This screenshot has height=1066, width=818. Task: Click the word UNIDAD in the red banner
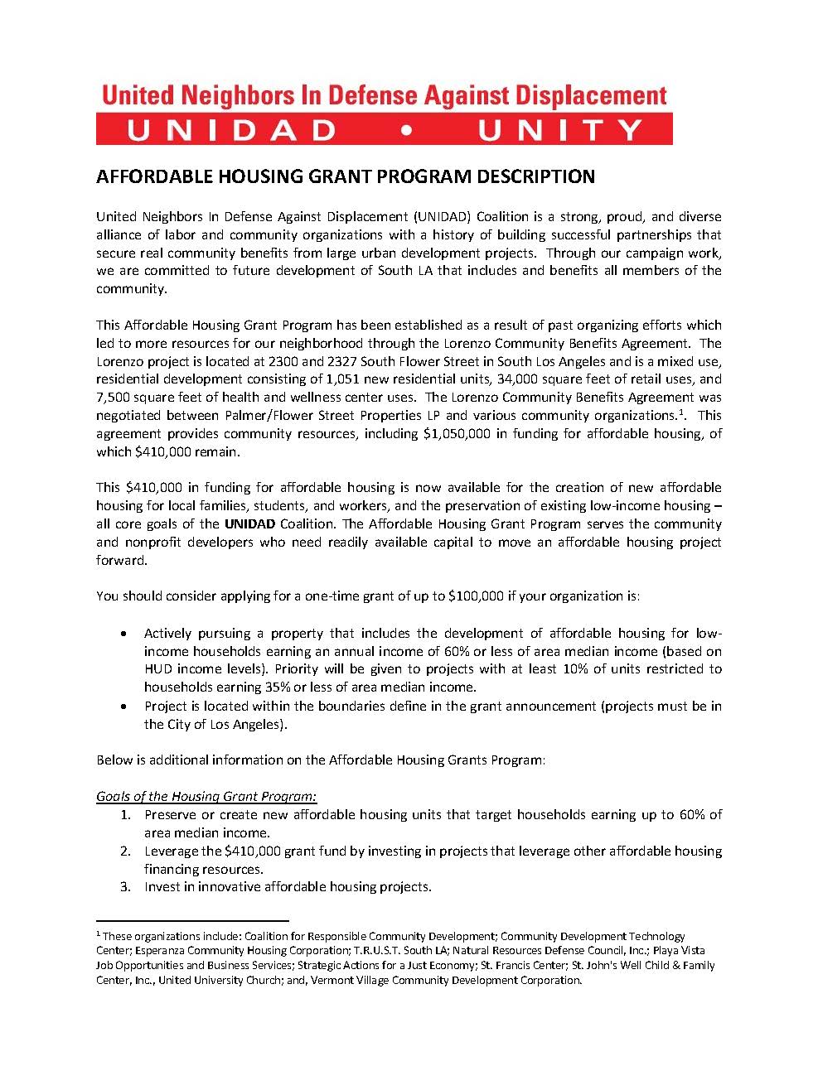(233, 130)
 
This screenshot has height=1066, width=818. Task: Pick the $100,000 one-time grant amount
(475, 596)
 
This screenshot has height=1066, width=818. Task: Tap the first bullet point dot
(123, 633)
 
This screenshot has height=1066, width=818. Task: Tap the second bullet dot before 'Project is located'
(123, 707)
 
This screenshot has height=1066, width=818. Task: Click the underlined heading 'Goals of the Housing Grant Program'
(206, 796)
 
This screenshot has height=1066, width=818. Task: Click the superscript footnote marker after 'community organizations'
(680, 412)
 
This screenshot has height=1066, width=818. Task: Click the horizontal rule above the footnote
(192, 920)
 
